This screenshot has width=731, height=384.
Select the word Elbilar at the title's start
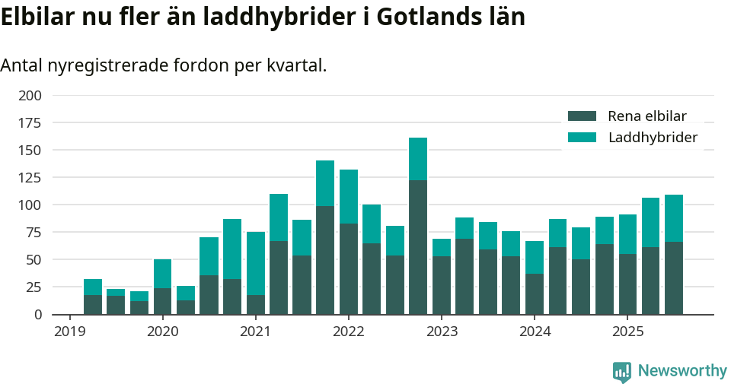point(39,17)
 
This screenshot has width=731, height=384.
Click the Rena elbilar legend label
point(647,116)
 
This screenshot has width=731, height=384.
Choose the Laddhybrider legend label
point(653,138)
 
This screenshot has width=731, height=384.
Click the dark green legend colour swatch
point(583,116)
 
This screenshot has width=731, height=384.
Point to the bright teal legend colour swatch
point(583,138)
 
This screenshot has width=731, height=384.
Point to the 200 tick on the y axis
point(30,96)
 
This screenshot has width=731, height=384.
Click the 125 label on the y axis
point(30,178)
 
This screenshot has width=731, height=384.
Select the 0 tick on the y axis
point(37,314)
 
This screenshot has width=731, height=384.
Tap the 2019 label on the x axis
point(69,332)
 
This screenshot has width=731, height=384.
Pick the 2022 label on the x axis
point(348,332)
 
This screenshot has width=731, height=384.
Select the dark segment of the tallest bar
point(418,247)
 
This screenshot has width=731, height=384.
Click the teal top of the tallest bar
point(418,159)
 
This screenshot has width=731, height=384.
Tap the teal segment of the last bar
point(674,218)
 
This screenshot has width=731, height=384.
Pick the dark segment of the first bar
point(93,304)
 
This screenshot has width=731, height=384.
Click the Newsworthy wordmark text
point(682,371)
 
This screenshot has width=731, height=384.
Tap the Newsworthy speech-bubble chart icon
point(622,372)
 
